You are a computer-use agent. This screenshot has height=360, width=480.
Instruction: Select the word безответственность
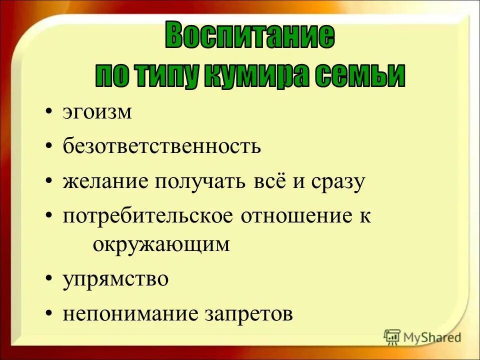[x=162, y=147]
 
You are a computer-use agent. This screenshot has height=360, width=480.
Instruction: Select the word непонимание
[x=130, y=314]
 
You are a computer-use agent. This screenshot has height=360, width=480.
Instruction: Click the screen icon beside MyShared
[x=392, y=337]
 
